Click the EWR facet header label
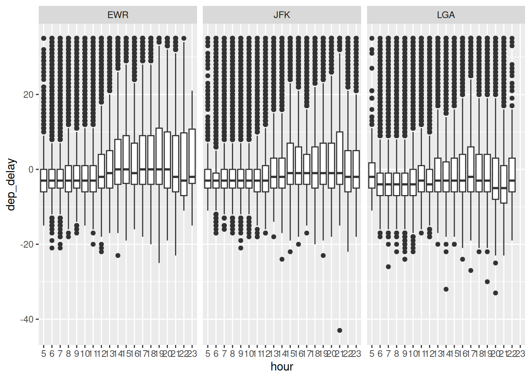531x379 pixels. [118, 15]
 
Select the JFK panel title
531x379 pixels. [282, 15]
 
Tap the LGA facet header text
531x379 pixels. [446, 15]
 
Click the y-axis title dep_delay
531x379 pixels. [11, 184]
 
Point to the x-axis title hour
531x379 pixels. [282, 367]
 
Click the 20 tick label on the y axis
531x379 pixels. [28, 95]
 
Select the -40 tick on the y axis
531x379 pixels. [26, 319]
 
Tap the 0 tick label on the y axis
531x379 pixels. [31, 170]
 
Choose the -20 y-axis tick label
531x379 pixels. [26, 244]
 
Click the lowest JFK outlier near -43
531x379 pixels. [340, 330]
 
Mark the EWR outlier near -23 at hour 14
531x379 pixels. [118, 255]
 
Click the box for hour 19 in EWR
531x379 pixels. [159, 156]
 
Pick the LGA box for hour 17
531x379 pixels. [471, 169]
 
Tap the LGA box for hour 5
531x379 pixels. [371, 175]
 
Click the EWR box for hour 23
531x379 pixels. [192, 156]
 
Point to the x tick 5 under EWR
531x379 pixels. [43, 353]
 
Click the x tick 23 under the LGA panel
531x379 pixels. [520, 353]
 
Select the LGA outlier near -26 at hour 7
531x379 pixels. [388, 267]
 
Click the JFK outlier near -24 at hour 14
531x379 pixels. [282, 259]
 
